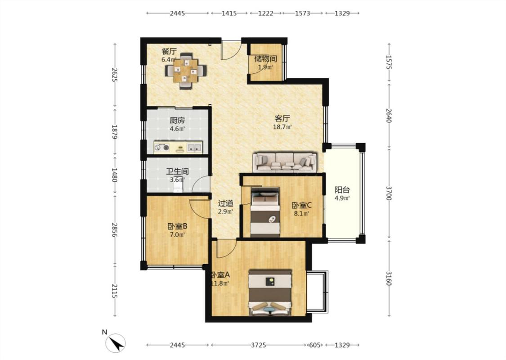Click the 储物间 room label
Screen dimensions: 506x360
click(265, 59)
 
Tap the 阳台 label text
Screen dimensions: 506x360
click(342, 190)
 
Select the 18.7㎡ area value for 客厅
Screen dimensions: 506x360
click(282, 127)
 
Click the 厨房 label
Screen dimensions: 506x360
click(177, 121)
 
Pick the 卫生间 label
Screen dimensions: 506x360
click(177, 171)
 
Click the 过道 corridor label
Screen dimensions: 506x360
click(226, 203)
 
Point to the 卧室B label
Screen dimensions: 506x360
click(177, 226)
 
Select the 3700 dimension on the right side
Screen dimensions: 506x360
click(389, 193)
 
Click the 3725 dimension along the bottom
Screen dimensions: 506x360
click(259, 345)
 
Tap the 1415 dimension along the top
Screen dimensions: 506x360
click(229, 13)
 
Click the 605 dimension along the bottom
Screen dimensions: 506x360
click(315, 345)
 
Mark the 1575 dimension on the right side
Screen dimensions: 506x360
click(389, 62)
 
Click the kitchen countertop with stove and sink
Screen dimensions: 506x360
click(178, 147)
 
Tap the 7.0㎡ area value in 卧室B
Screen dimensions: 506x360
click(177, 235)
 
